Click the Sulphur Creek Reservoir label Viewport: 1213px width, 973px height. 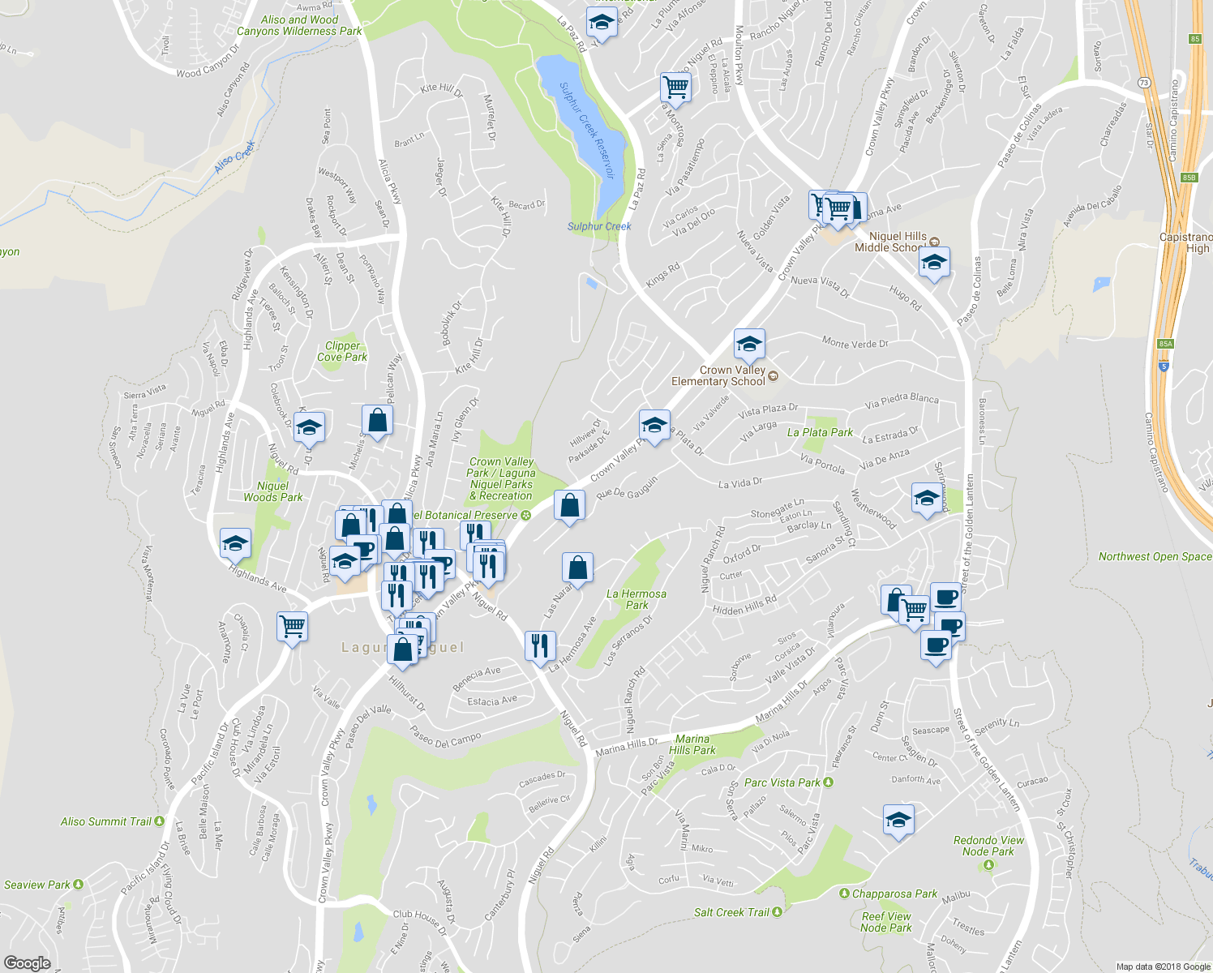(x=586, y=129)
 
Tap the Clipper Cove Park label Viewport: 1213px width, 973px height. (x=342, y=351)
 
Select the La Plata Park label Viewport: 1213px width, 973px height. (x=820, y=432)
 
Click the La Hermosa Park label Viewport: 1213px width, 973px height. (x=637, y=599)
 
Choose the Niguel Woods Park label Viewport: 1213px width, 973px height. (x=273, y=491)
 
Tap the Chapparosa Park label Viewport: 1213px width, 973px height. (x=894, y=894)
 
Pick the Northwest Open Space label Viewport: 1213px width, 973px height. (x=1155, y=556)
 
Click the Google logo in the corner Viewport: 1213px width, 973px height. (x=27, y=962)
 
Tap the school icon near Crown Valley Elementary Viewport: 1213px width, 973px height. (x=749, y=345)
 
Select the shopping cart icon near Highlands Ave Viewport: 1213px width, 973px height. (x=292, y=627)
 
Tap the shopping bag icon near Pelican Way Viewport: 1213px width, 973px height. (x=377, y=420)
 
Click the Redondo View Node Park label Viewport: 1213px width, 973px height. (x=988, y=846)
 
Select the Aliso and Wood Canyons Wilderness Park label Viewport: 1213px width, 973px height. (x=299, y=25)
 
